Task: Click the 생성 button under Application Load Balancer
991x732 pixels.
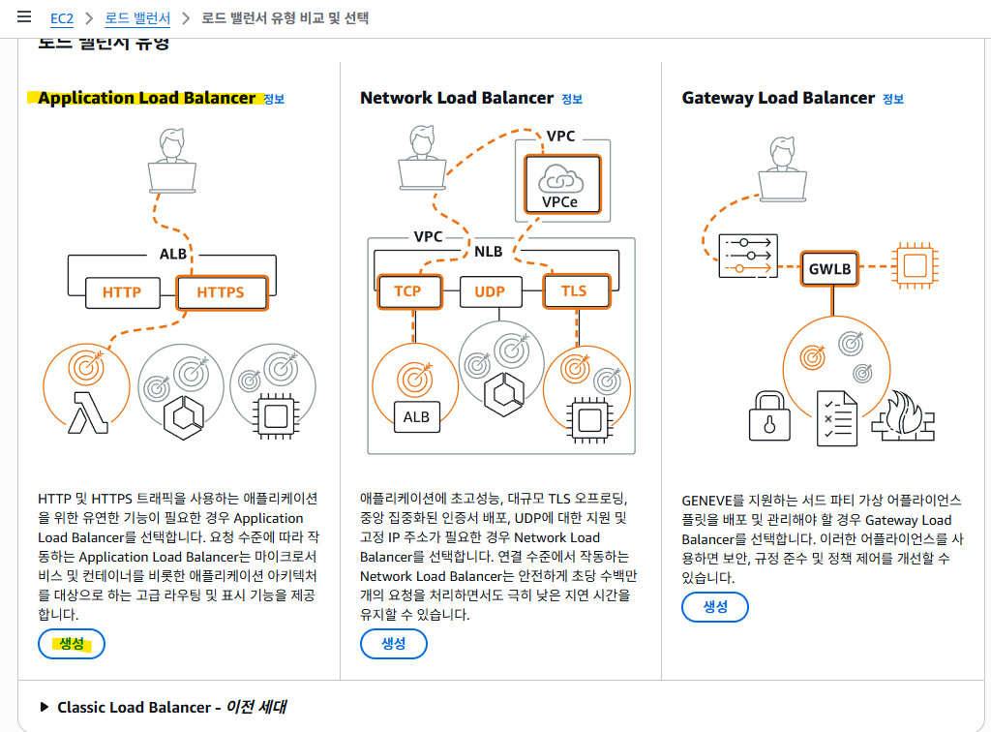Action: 72,644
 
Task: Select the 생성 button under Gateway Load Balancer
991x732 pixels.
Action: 715,607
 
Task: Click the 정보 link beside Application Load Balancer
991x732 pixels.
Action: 274,99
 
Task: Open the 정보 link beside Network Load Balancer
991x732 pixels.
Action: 572,99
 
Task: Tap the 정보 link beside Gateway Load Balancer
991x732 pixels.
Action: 893,99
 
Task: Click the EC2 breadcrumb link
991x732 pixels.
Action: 61,18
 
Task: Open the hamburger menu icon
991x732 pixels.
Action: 24,17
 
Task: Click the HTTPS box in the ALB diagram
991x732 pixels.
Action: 221,291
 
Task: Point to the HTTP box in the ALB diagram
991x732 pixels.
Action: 122,291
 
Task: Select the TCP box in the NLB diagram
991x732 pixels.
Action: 407,291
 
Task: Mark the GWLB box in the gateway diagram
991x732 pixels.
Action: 830,268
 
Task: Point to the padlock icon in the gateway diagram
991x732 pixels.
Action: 770,418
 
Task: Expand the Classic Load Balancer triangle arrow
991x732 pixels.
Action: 45,707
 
